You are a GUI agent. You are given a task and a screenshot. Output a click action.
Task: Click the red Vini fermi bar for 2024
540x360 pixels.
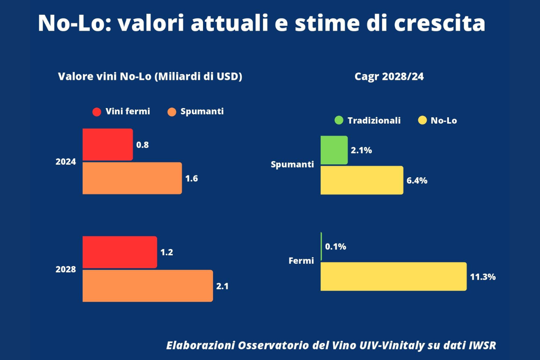tap(108, 144)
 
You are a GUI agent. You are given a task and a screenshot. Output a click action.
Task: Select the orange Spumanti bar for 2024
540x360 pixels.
tap(132, 178)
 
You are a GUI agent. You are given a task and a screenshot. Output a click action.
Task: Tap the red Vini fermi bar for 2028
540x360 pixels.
tap(119, 252)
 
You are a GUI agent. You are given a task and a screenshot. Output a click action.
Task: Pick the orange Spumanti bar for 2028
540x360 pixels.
tap(148, 286)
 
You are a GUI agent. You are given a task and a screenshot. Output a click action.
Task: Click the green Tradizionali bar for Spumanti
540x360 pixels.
tap(334, 150)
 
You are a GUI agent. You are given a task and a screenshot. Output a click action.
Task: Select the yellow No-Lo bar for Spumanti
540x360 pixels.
tap(362, 180)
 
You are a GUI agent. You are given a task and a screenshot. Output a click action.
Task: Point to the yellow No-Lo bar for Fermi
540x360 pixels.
tap(393, 276)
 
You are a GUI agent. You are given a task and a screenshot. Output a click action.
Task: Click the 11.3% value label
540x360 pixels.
tap(483, 277)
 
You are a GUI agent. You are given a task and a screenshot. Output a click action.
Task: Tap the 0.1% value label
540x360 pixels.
tap(335, 247)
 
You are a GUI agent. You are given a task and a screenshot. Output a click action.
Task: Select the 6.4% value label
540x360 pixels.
tap(417, 181)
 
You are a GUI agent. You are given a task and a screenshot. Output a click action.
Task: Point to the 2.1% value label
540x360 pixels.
tap(361, 150)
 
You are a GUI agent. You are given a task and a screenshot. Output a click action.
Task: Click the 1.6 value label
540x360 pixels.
tap(192, 179)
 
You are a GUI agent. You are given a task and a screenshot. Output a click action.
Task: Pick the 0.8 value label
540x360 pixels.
tap(143, 145)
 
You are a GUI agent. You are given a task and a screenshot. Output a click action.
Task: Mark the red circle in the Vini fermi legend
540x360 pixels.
tap(97, 112)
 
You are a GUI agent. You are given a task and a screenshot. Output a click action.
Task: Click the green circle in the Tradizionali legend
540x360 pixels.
tap(339, 120)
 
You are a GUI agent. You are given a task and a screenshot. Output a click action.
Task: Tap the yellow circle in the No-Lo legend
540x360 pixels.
tap(422, 120)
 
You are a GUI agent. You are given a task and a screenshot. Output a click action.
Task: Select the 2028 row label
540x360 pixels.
tap(66, 269)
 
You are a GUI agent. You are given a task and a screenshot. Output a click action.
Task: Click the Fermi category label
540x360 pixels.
tap(301, 261)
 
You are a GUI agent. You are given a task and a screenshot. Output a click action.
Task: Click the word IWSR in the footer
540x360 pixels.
tap(482, 345)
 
